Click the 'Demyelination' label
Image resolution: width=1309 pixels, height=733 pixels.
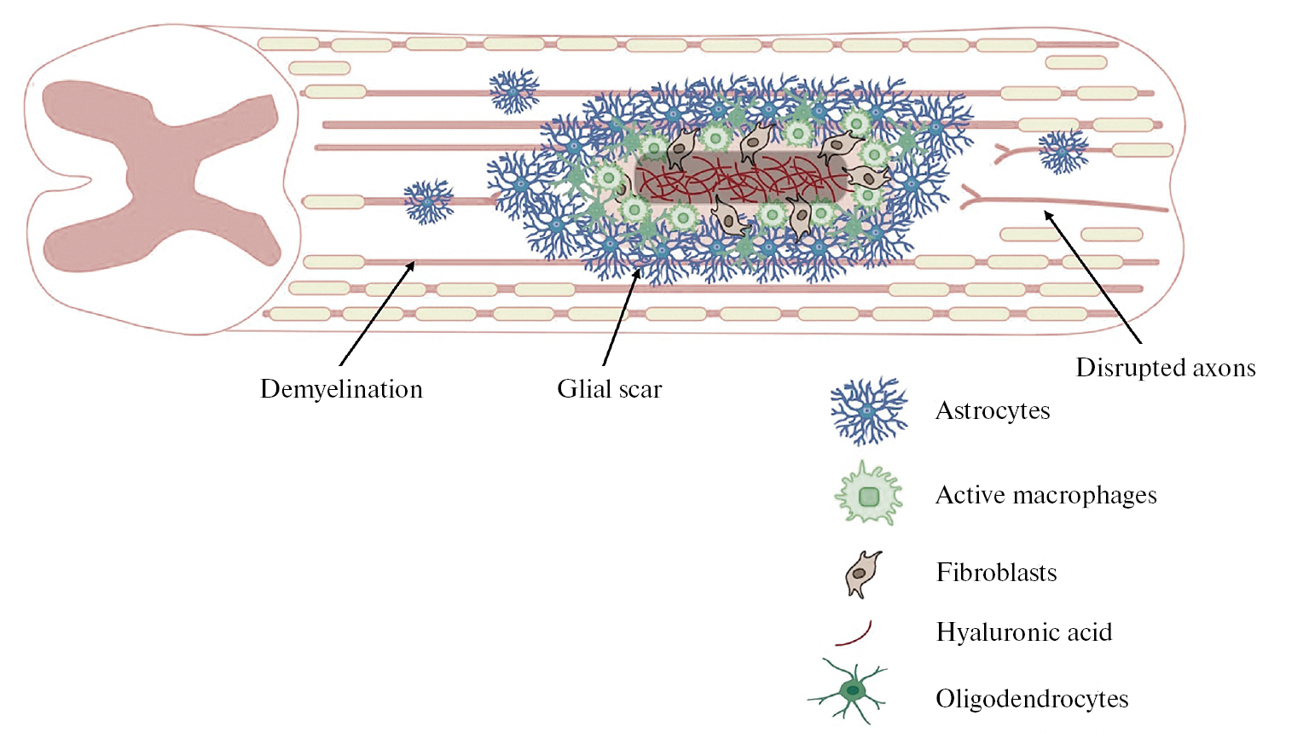point(341,389)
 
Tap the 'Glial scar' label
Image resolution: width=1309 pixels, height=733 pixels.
point(609,389)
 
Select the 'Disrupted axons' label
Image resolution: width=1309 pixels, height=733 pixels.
point(1165,368)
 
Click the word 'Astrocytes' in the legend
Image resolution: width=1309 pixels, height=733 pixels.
point(992,410)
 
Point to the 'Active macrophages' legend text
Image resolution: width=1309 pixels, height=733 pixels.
point(1045,495)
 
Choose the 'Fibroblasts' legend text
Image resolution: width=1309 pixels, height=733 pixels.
point(996,572)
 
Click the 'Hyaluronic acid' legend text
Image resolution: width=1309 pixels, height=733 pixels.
point(1023,632)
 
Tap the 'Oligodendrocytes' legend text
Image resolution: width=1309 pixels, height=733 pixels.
point(1032,699)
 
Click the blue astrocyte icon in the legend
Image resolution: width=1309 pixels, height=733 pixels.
point(868,411)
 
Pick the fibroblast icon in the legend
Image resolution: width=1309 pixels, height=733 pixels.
point(862,573)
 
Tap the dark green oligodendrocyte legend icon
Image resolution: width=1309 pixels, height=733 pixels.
point(851,690)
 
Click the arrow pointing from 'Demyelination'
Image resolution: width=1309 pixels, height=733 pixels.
point(376,315)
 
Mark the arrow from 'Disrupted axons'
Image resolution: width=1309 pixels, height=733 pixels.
point(1092,277)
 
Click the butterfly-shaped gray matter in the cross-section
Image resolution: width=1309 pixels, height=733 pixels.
point(162,175)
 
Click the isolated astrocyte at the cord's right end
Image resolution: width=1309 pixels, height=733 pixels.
point(1063,152)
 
